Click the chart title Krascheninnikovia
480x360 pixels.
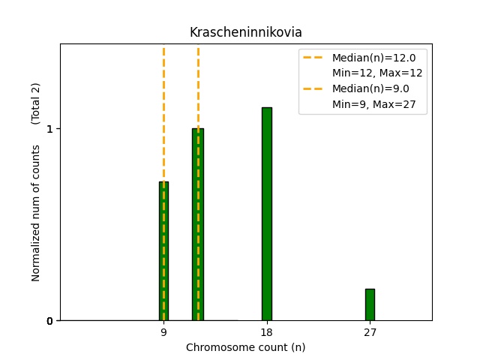245,32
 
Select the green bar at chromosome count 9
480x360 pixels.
163,251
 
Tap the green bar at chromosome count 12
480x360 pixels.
198,225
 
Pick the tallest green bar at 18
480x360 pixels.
266,214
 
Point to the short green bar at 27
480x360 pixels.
370,304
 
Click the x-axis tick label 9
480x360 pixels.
163,332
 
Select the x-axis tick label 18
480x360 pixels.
266,332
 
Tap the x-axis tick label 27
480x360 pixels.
370,332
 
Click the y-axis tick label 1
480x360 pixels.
49,129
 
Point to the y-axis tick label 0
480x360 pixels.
49,321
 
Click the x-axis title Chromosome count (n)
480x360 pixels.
245,347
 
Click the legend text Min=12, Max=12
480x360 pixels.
377,73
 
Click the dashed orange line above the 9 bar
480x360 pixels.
163,112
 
